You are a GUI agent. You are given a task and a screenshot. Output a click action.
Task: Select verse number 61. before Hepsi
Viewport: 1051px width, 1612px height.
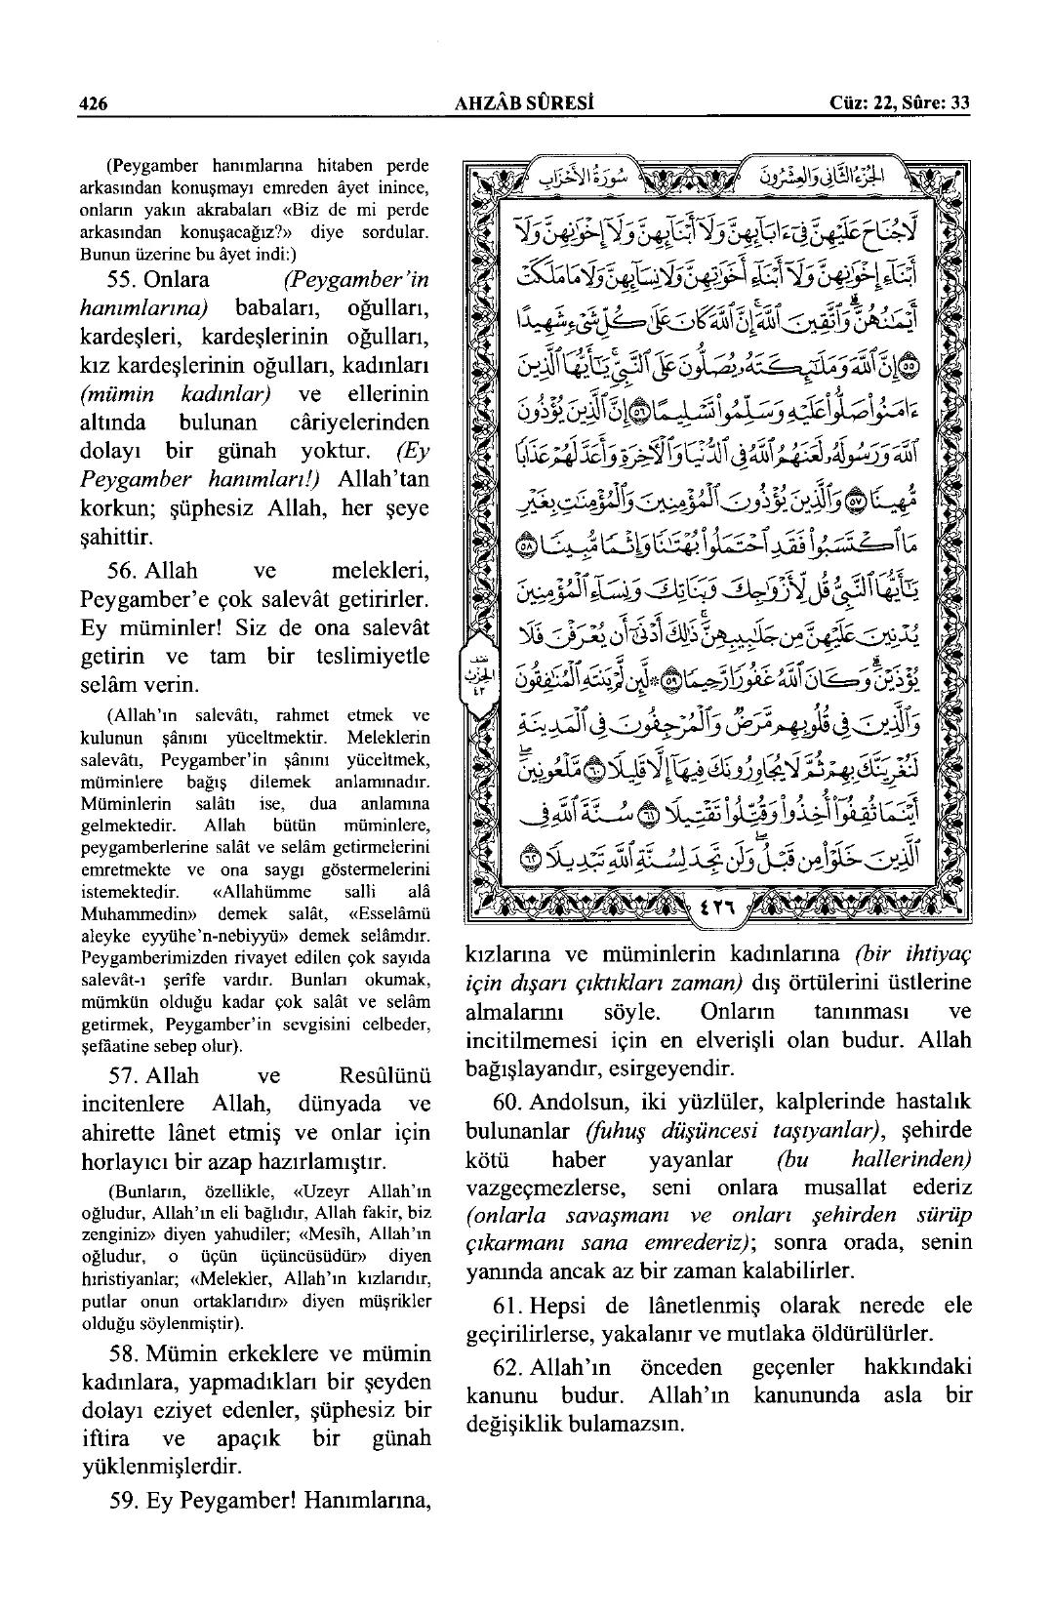(x=506, y=1305)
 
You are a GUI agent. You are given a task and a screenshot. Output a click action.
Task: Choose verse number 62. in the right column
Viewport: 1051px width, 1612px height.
(x=506, y=1367)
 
